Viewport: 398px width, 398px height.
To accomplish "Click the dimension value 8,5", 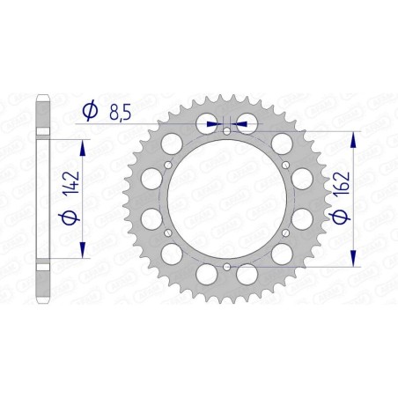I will pyautogui.click(x=123, y=110).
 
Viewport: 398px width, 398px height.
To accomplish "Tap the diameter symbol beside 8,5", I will pyautogui.click(x=88, y=111).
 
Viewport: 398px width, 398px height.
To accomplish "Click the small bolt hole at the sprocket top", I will pyautogui.click(x=226, y=131).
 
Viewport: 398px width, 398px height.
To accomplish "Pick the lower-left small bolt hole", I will pyautogui.click(x=169, y=231).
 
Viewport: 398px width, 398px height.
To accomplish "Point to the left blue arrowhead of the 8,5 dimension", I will pyautogui.click(x=212, y=124).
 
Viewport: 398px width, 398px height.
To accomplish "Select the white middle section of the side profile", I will pyautogui.click(x=43, y=198).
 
